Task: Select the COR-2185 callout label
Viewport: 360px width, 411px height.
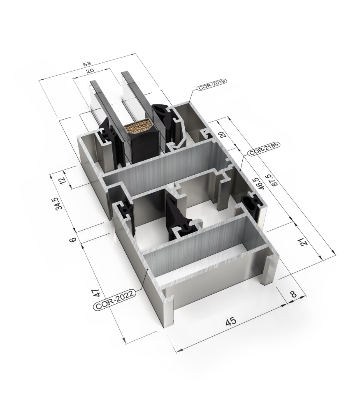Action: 264,149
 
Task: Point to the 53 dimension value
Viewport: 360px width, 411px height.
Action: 87,64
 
